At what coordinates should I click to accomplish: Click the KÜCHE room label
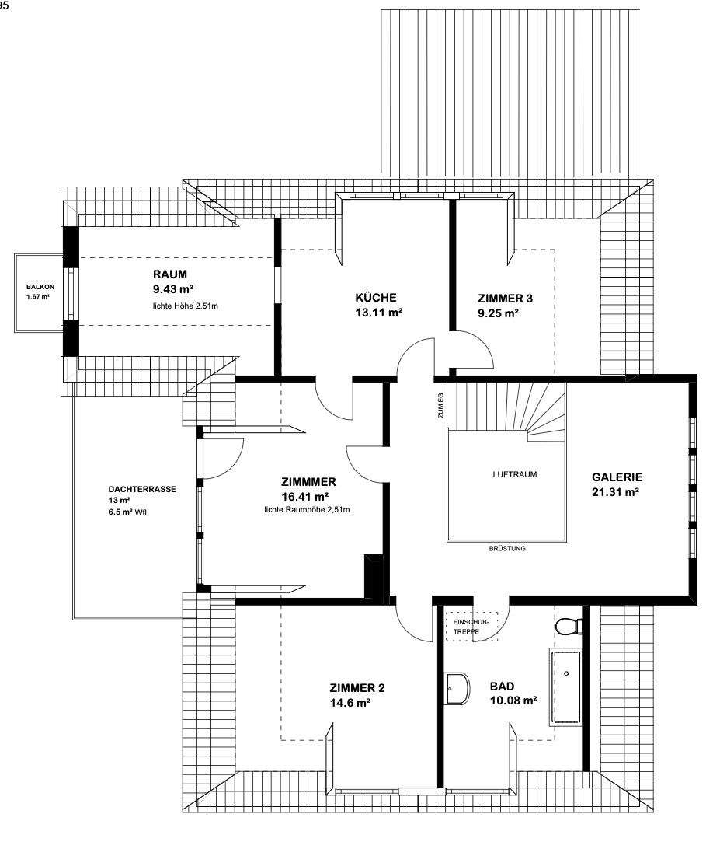coord(376,298)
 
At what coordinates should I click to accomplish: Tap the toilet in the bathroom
coord(569,626)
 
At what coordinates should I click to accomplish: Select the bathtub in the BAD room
coord(565,687)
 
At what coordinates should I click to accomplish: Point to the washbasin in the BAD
coord(457,688)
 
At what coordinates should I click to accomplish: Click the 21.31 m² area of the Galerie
coord(615,492)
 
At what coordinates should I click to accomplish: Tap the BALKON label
coord(40,287)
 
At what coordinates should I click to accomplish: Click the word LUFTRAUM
coord(514,475)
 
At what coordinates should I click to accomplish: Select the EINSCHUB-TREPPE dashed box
coord(471,626)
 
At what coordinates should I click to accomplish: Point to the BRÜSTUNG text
coord(507,549)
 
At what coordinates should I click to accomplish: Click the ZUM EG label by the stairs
coord(440,405)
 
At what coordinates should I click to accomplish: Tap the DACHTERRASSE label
coord(142,489)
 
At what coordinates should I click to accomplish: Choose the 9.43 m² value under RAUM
coord(172,289)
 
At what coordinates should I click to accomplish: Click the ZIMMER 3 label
coord(505,299)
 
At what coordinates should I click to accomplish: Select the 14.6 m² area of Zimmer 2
coord(350,702)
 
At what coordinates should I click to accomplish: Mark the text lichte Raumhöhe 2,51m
coord(307,509)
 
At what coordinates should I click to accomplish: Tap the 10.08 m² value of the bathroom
coord(513,701)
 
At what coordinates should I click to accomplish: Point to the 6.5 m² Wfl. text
coord(128,512)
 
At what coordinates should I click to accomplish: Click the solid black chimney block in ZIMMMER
coord(374,577)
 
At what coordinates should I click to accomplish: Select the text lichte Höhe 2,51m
coord(186,306)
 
